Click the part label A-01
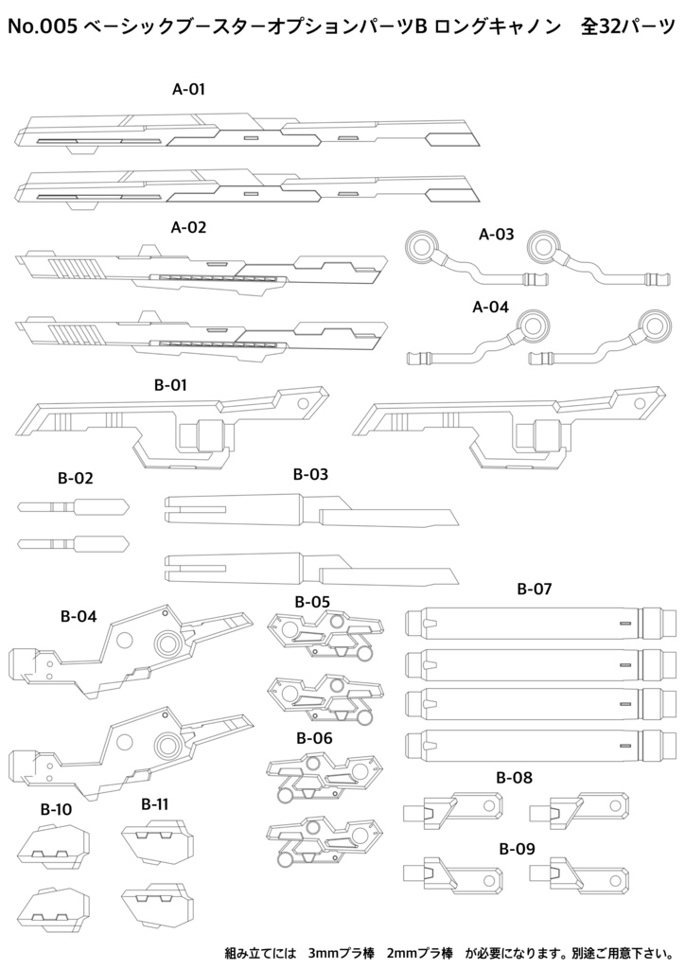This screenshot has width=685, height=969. (x=189, y=90)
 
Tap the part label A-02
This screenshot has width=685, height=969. (x=189, y=228)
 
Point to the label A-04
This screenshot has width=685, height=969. (x=490, y=307)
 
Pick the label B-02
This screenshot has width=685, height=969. (x=77, y=479)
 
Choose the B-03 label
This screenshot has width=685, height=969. (x=310, y=474)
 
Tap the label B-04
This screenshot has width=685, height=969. (x=79, y=617)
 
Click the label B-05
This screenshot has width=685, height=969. (x=312, y=601)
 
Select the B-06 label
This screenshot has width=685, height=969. (x=314, y=738)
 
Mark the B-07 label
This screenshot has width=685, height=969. (x=535, y=589)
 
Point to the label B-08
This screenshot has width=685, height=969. (x=515, y=778)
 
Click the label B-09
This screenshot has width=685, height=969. (x=516, y=849)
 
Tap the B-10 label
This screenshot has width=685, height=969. (x=56, y=810)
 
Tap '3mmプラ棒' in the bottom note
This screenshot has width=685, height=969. (x=338, y=951)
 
